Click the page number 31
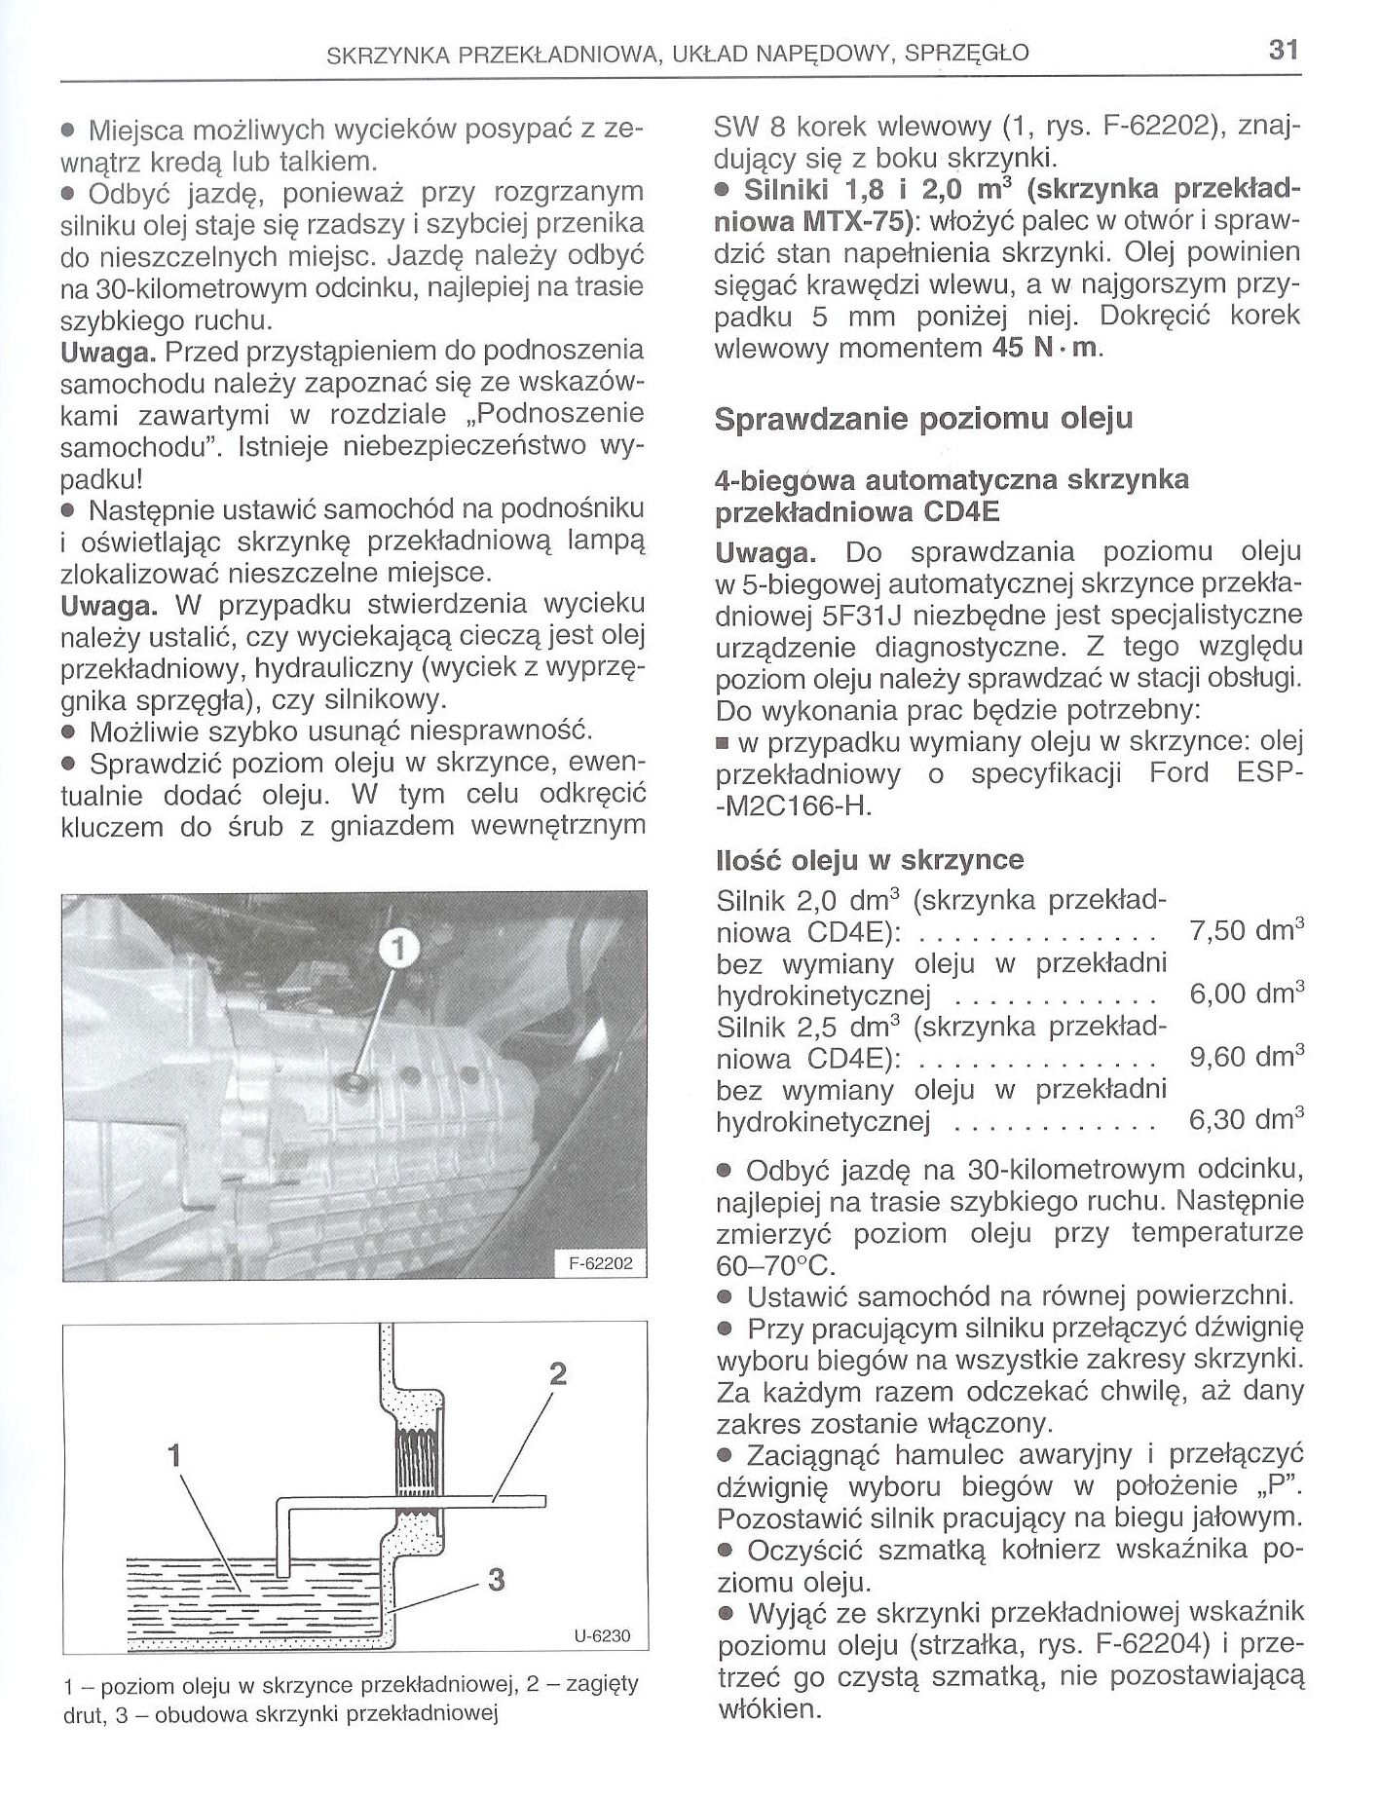1285,50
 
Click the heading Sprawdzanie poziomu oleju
923,420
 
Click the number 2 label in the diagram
557,1374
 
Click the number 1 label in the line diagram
174,1456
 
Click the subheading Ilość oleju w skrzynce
869,861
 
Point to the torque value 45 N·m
1044,349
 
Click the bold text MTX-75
857,221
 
